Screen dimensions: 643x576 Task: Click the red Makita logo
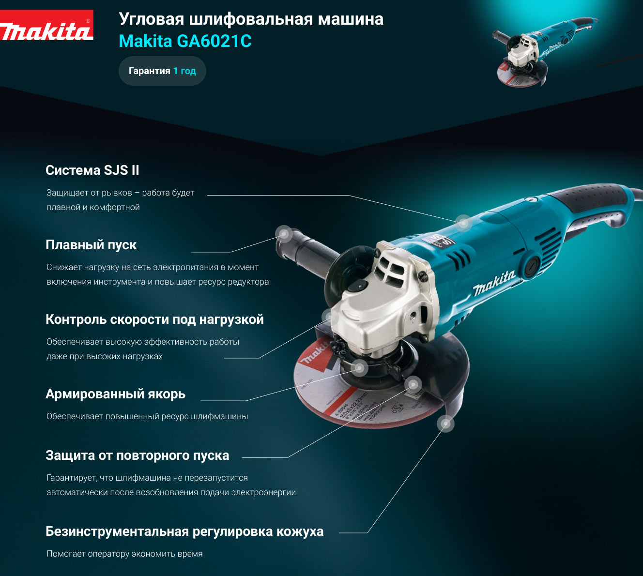(x=46, y=25)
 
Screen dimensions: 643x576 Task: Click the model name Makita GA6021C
(x=185, y=41)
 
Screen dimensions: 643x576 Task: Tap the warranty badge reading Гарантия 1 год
(x=162, y=71)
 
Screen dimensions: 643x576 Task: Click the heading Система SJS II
(x=92, y=170)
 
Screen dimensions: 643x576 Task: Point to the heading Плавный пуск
(x=91, y=245)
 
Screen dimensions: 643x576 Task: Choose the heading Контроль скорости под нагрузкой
(x=154, y=319)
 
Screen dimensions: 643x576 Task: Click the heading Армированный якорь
(x=116, y=394)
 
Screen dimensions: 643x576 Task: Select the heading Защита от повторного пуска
(x=138, y=455)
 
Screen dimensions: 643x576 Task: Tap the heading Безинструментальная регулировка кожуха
(x=184, y=531)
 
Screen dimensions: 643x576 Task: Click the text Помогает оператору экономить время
(x=124, y=554)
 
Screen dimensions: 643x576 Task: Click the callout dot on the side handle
(x=284, y=234)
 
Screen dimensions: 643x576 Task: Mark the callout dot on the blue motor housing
(x=463, y=223)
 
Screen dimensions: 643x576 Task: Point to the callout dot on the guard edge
(x=445, y=424)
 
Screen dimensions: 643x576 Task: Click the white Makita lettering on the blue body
(x=494, y=283)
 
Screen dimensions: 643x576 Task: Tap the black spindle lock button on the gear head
(x=356, y=287)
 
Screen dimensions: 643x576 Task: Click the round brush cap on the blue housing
(x=532, y=266)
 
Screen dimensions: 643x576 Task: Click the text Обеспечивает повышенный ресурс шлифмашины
(x=147, y=416)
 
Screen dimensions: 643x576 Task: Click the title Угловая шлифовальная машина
(x=251, y=19)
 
